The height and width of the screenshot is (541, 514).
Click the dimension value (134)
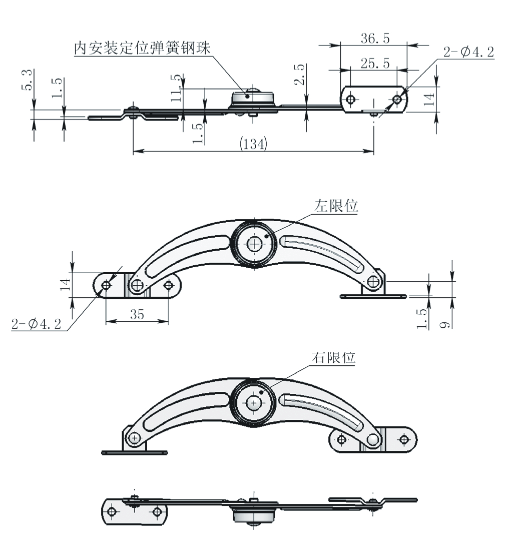[x=253, y=144]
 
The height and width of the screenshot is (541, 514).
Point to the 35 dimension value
[x=137, y=315]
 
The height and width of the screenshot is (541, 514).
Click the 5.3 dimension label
[x=28, y=80]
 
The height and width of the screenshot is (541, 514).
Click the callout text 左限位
[x=336, y=206]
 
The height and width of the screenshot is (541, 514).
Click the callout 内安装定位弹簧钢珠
[x=142, y=48]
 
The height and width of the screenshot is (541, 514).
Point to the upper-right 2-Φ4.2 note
[x=468, y=52]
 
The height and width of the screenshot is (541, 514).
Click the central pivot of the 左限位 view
[x=255, y=244]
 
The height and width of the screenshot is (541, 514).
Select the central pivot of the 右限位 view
[x=254, y=403]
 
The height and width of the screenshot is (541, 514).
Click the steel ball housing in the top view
[x=254, y=99]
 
